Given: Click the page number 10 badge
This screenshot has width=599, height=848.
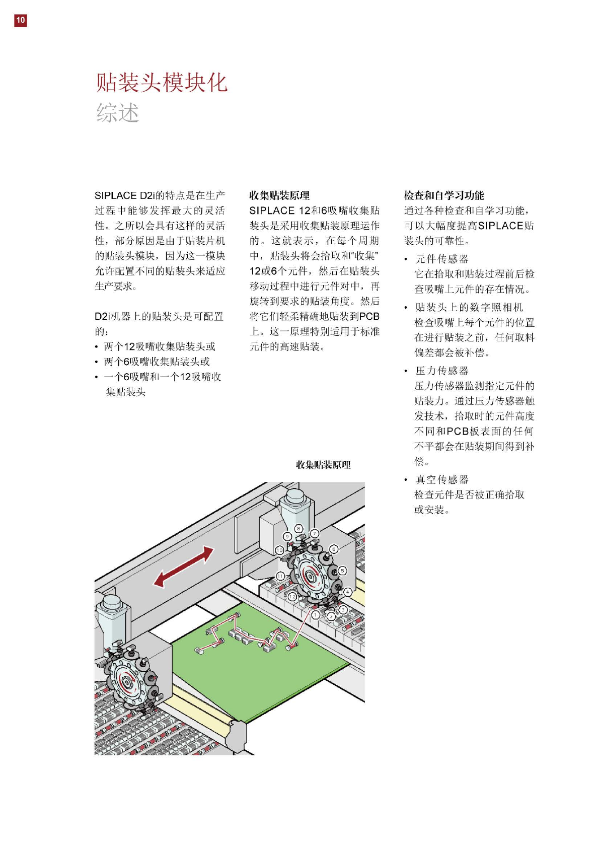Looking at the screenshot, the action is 20,20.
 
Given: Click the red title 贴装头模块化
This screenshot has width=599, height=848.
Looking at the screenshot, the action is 162,82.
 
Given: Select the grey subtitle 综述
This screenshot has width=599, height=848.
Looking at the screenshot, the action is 117,112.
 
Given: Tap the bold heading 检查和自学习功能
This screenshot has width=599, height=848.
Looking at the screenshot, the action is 443,195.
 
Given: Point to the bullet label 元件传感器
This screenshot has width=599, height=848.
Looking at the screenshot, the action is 441,259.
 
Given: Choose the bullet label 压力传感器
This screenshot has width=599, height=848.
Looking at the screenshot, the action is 441,371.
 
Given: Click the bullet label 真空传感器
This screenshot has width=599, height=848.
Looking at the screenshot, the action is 441,479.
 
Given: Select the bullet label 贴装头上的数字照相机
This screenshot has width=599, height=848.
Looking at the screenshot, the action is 469,307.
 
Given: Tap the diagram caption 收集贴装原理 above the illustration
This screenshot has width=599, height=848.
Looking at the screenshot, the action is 323,464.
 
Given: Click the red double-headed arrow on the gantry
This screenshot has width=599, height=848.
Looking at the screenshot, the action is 183,567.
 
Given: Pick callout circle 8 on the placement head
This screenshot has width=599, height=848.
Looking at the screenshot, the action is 298,529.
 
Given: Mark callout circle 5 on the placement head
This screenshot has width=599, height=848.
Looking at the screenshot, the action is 342,571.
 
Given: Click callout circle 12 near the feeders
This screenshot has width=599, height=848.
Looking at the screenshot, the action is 292,597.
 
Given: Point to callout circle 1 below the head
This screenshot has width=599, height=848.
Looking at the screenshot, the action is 316,614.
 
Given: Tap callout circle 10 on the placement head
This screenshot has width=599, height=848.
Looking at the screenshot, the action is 279,550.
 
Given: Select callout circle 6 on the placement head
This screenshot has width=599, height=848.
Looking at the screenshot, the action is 333,549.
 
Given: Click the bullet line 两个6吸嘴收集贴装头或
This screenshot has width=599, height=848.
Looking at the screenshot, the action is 157,362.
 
